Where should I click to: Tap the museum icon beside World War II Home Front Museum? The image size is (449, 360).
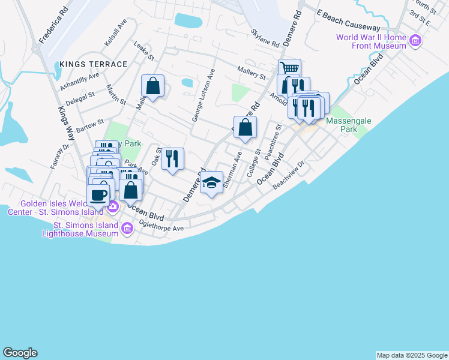[415, 41]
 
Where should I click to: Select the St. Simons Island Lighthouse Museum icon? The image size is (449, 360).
[127, 228]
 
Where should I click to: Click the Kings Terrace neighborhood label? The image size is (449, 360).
[93, 64]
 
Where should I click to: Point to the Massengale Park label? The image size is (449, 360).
[349, 125]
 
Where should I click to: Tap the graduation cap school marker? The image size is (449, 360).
[211, 182]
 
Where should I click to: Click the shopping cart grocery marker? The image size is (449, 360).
[289, 69]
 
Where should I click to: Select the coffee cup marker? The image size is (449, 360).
[98, 194]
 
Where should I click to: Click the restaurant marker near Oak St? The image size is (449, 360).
[172, 158]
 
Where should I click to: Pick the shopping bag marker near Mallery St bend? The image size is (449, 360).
[153, 86]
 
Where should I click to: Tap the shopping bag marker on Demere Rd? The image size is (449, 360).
[245, 127]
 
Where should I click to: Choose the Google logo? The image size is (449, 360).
[20, 353]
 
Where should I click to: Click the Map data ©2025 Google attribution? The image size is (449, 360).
[412, 355]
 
